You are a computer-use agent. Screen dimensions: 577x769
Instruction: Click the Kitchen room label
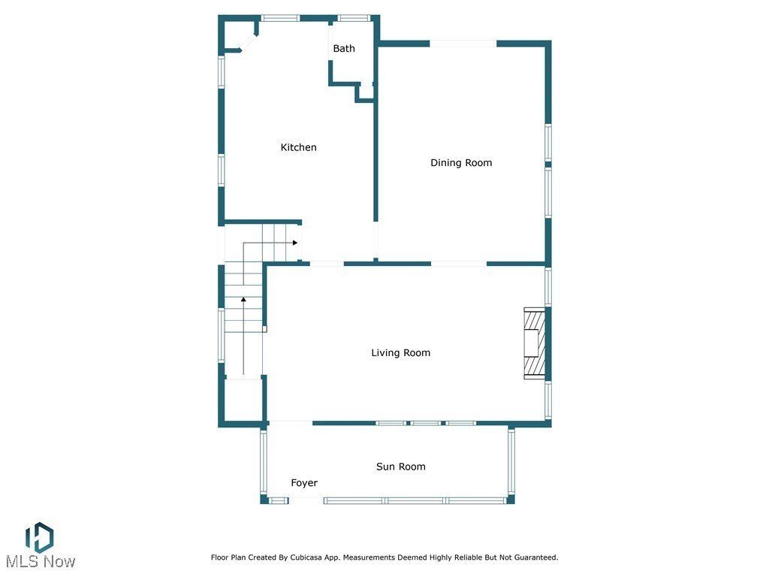coord(298,147)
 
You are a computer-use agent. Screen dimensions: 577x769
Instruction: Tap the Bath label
coord(344,49)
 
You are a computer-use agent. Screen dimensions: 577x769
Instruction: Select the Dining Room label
coord(461,163)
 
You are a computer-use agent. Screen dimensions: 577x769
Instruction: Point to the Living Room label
coord(401,353)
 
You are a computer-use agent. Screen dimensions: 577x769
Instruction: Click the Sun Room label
coord(400,467)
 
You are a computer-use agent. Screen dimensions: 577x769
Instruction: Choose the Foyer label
coord(304,483)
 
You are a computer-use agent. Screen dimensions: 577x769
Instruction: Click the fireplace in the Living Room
coord(533,343)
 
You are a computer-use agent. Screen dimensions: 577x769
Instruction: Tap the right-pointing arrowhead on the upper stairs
coord(296,243)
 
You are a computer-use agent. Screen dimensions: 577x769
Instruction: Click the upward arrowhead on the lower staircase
coord(243,300)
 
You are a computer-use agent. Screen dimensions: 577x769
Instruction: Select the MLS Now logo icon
coord(39,537)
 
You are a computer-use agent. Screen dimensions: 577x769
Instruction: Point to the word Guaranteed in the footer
coord(533,557)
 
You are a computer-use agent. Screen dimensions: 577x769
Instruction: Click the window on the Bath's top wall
coord(353,17)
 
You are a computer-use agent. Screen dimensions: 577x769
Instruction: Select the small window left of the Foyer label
coord(279,500)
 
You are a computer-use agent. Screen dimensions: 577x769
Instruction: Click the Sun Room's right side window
coord(511,462)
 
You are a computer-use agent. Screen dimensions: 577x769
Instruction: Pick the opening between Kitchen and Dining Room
coord(376,242)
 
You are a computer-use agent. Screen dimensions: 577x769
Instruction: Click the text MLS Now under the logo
coord(40,562)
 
